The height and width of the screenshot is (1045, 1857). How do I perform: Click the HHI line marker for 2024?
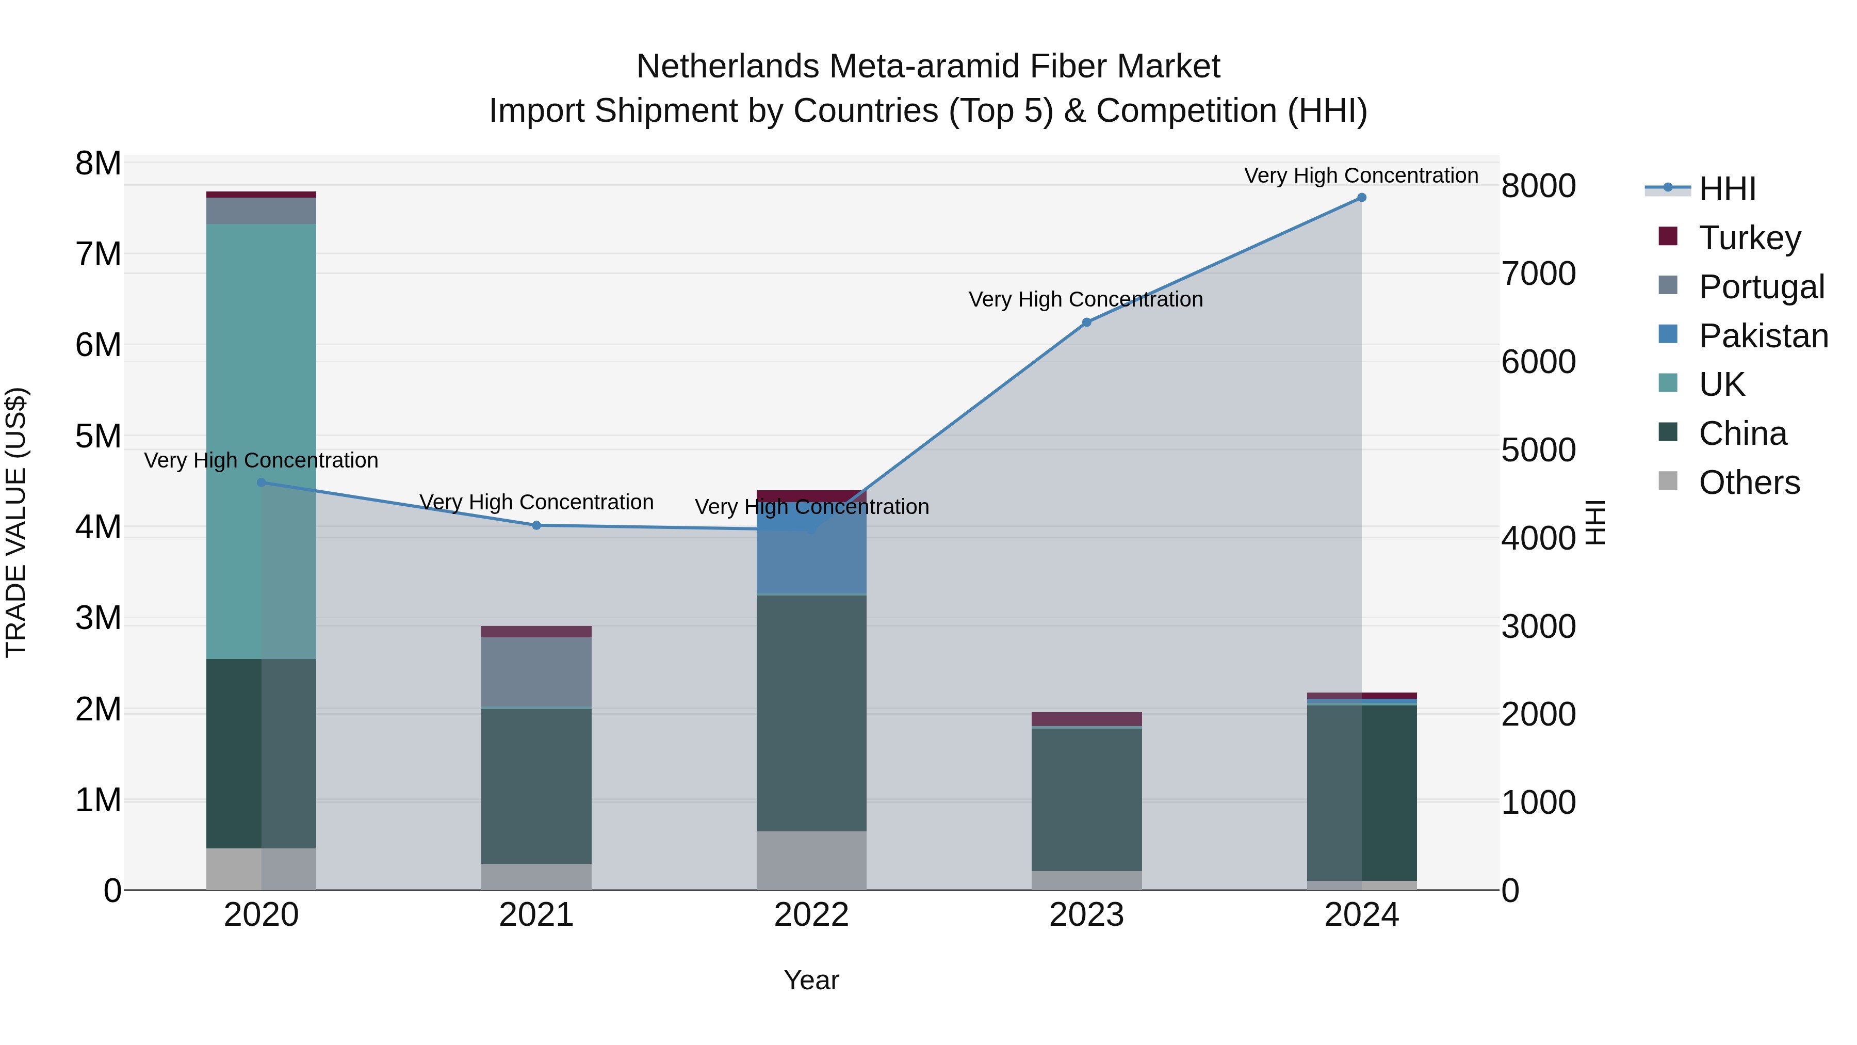1361,198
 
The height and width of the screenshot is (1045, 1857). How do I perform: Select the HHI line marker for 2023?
1086,323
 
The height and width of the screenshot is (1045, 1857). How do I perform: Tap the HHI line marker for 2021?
536,525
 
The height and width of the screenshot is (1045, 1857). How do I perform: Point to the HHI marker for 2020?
261,483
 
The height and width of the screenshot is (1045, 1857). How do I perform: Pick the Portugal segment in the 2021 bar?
536,671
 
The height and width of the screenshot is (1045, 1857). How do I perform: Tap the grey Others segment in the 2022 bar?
811,860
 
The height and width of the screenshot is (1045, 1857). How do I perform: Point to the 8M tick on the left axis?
98,164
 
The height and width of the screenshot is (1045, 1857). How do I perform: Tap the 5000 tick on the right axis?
1538,450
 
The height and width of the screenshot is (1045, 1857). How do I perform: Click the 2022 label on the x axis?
811,915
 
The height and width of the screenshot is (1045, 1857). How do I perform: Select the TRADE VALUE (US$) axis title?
17,522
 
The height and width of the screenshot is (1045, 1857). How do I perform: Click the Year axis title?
811,980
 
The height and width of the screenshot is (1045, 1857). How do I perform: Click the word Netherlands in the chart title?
728,67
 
